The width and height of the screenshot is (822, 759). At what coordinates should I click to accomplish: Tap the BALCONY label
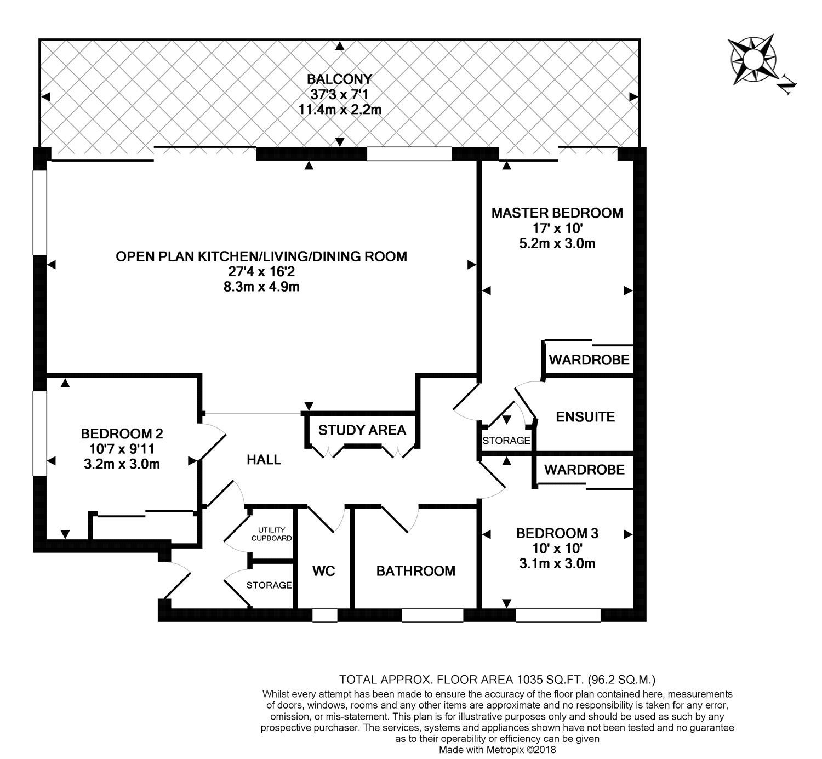(339, 78)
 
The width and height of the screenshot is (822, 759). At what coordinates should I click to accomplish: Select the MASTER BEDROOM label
(557, 213)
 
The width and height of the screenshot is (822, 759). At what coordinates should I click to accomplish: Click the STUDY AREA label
(362, 430)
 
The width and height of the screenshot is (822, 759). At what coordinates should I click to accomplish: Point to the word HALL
(264, 460)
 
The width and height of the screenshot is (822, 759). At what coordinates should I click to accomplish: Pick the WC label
(323, 571)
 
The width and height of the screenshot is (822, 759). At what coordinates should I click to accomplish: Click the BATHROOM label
(415, 571)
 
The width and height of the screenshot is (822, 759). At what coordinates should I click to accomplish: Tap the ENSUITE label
(585, 417)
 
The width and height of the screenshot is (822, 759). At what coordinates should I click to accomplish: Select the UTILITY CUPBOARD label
(271, 534)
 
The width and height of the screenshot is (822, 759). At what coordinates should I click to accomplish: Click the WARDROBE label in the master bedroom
(589, 361)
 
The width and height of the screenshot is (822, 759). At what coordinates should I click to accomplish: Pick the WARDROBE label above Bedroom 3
(584, 470)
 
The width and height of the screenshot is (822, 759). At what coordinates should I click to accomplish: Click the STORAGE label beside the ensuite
(506, 441)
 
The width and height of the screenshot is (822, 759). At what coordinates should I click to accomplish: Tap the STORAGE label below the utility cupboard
(269, 585)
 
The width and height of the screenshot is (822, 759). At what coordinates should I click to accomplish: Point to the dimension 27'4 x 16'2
(261, 271)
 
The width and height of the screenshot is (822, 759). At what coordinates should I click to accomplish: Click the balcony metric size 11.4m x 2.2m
(339, 109)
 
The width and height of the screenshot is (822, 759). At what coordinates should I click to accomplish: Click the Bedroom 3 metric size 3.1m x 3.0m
(557, 563)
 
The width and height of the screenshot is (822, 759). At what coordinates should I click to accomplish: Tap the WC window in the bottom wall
(324, 615)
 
